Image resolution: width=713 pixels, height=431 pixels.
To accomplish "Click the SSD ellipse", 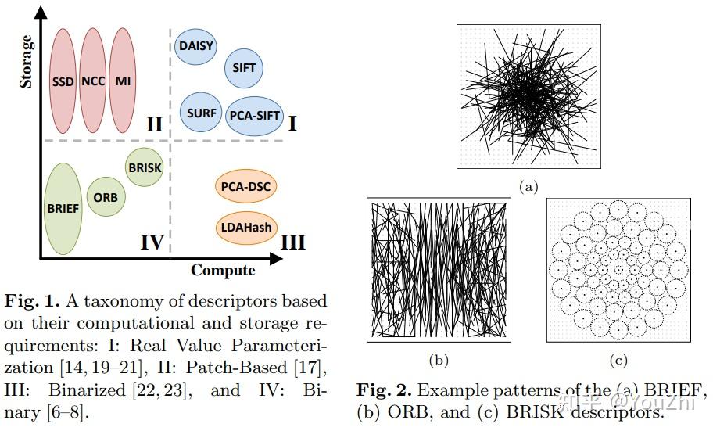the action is (63, 81).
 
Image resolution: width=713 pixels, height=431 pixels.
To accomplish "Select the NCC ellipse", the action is (93, 81).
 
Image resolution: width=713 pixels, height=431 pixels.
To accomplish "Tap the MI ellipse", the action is (123, 81).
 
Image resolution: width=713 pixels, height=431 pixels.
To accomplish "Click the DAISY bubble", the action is (195, 46).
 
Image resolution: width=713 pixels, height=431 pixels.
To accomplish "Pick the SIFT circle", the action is (244, 68).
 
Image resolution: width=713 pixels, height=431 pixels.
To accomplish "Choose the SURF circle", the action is (201, 113).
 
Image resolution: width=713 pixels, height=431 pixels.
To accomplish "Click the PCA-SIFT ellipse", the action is (254, 116).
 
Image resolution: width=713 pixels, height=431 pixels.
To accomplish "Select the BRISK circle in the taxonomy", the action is (145, 167).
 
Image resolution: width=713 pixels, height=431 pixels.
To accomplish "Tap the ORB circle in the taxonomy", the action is (106, 197).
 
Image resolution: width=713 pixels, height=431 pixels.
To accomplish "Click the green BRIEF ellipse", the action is (63, 208).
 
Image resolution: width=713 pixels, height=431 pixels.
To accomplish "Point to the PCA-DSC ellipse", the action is (245, 186).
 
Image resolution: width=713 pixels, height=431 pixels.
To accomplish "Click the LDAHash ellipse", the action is (246, 228).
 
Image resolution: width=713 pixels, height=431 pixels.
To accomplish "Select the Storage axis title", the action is (26, 62).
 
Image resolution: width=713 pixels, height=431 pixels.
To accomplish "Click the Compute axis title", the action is (223, 270).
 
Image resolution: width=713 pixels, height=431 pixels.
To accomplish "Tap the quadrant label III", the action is (293, 242).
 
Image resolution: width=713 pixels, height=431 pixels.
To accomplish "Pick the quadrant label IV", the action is (152, 242).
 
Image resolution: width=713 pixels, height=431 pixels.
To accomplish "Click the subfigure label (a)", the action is (528, 187).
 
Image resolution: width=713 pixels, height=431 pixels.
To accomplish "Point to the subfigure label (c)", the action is (618, 361).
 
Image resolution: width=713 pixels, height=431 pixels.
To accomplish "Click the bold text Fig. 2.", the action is (384, 390).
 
